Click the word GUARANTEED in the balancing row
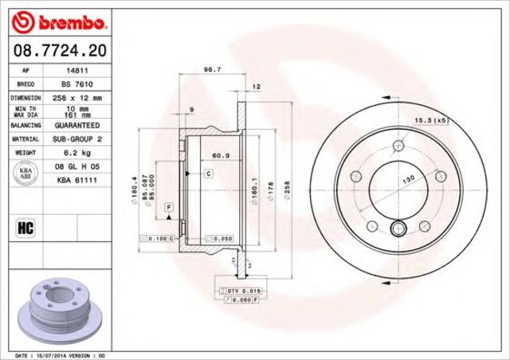[76, 126]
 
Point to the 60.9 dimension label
[221, 156]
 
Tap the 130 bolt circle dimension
[408, 182]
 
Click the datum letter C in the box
[208, 173]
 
